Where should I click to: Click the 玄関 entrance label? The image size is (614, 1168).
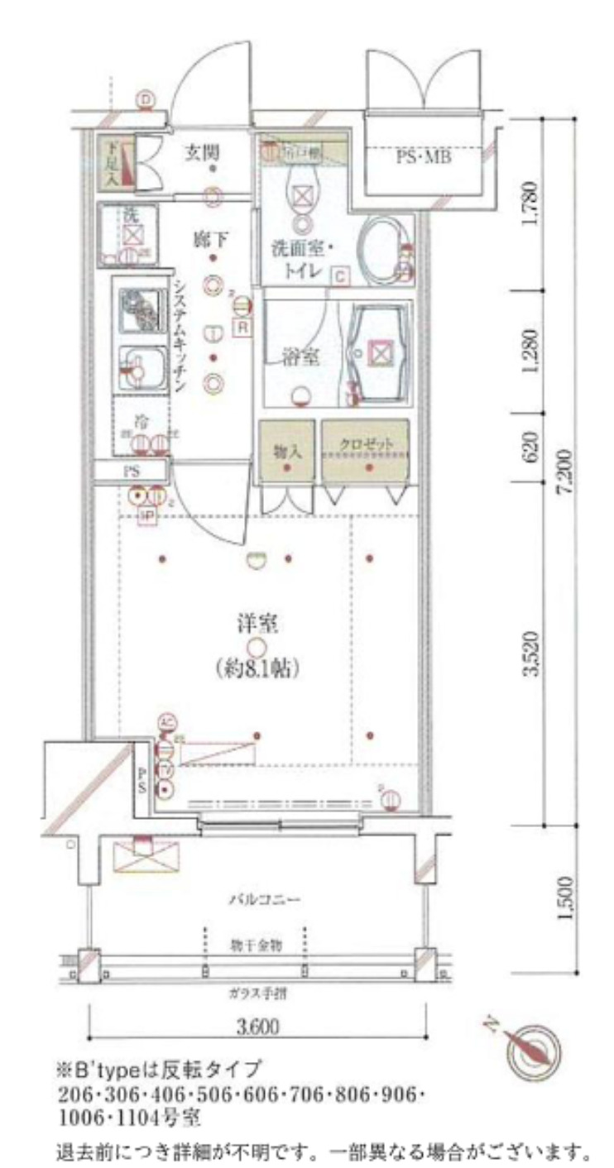[x=201, y=151]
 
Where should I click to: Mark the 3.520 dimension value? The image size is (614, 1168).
[x=532, y=654]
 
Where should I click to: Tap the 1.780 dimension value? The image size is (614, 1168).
[x=532, y=204]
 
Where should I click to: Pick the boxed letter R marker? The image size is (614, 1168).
[x=242, y=328]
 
